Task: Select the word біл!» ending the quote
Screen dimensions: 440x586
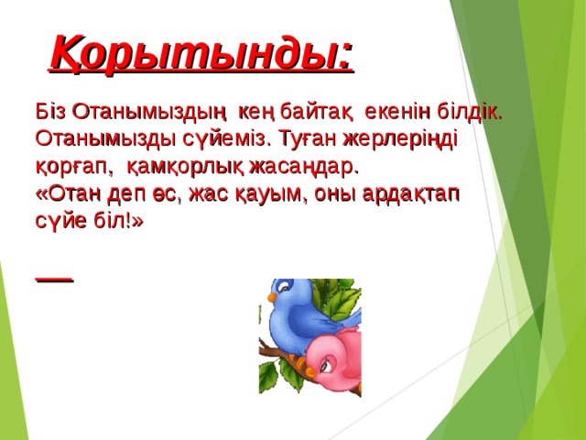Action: coord(119,222)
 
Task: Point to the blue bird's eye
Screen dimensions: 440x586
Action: coord(285,289)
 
